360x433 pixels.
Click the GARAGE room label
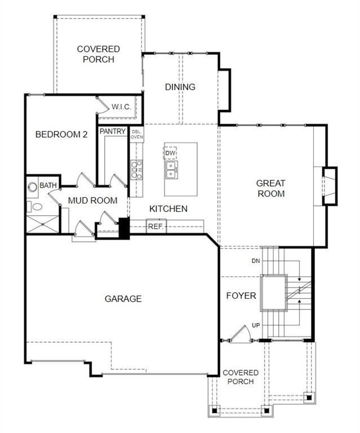click(123, 299)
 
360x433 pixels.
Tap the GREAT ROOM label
click(270, 188)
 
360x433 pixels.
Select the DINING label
click(180, 87)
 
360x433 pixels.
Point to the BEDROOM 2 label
click(61, 134)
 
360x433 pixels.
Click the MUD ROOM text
click(92, 200)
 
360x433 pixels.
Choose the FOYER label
click(241, 295)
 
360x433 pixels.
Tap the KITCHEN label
click(168, 209)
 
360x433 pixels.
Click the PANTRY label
click(112, 131)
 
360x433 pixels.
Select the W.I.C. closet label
click(121, 107)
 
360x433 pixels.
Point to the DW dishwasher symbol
click(171, 153)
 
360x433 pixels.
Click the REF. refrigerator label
click(155, 227)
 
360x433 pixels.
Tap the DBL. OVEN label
click(137, 135)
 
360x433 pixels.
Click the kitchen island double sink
click(171, 168)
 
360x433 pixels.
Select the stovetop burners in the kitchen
click(136, 169)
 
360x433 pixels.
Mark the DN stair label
click(255, 261)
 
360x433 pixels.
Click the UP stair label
click(255, 326)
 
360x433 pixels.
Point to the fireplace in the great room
click(329, 185)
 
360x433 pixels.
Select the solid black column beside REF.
click(123, 228)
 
